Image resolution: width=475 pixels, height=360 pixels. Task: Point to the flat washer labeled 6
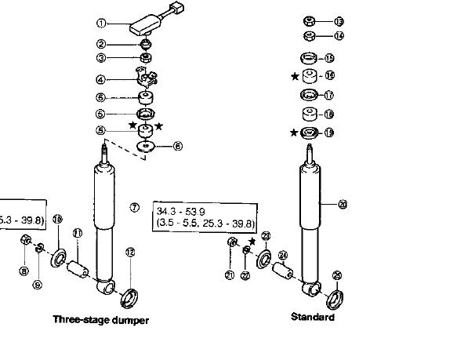pos(145,146)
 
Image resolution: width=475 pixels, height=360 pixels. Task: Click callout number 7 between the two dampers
pos(135,207)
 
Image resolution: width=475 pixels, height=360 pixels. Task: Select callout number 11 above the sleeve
pos(78,234)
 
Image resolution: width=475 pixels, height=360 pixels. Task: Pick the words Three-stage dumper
pos(100,319)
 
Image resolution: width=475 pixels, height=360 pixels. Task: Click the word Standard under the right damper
pos(312,317)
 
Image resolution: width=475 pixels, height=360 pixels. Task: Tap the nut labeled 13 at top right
pos(309,21)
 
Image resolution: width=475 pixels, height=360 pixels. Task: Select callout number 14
pos(339,35)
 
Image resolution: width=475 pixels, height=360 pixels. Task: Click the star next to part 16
pos(295,76)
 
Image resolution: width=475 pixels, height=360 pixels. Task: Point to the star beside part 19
pos(294,132)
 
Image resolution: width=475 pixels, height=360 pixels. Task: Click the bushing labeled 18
pos(309,114)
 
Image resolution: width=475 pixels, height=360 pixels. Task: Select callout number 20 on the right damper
pos(342,205)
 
